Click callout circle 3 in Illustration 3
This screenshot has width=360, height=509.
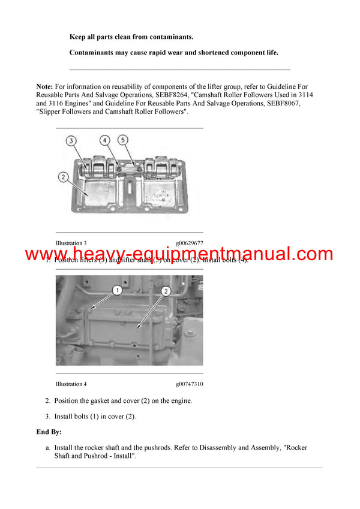pyautogui.click(x=71, y=141)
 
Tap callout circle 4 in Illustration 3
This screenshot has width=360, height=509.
pyautogui.click(x=105, y=141)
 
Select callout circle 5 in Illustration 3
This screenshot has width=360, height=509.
pyautogui.click(x=124, y=141)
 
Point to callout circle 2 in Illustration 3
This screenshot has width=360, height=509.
pyautogui.click(x=62, y=177)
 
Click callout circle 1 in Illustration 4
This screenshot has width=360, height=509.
pyautogui.click(x=117, y=291)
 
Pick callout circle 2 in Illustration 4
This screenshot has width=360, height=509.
pyautogui.click(x=166, y=291)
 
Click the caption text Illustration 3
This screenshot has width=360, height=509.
pyautogui.click(x=71, y=243)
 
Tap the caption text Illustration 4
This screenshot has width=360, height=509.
pyautogui.click(x=71, y=384)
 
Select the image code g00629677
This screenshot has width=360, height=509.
pyautogui.click(x=190, y=243)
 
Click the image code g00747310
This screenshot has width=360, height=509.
pyautogui.click(x=190, y=384)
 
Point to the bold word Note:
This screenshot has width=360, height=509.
pyautogui.click(x=44, y=88)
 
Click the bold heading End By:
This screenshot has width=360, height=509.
pyautogui.click(x=49, y=432)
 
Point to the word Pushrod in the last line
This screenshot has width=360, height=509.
pyautogui.click(x=79, y=456)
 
